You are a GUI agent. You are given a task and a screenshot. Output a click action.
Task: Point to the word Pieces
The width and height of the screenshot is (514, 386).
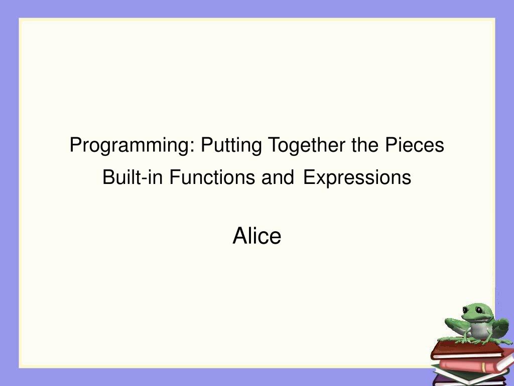[x=415, y=145]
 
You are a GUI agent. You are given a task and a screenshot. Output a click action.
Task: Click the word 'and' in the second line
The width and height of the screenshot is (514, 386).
[x=277, y=177]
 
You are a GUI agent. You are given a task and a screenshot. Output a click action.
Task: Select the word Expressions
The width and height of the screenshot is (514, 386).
[x=357, y=177]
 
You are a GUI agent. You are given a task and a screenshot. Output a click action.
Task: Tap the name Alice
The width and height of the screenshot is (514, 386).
[x=256, y=236]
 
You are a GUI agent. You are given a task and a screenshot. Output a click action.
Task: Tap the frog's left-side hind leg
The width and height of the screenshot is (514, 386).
[x=456, y=327]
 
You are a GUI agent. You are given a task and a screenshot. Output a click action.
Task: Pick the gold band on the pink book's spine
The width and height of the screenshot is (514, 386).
[x=483, y=367]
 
